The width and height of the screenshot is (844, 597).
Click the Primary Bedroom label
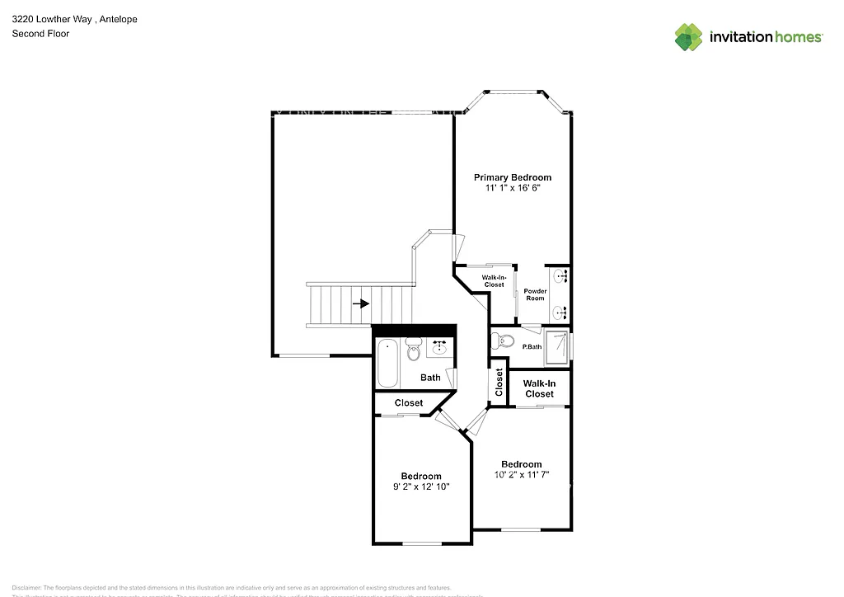click(x=512, y=177)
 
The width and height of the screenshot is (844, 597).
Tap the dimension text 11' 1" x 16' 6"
click(x=512, y=188)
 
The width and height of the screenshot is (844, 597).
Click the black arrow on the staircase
click(x=360, y=303)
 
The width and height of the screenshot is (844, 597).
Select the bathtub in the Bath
click(x=387, y=364)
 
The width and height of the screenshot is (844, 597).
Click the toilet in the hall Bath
click(x=414, y=351)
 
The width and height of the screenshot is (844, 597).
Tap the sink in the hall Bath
click(x=438, y=347)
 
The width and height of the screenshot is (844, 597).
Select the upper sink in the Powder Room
click(x=560, y=276)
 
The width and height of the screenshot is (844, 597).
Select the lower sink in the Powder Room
click(x=560, y=312)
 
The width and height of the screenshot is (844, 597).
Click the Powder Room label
click(x=535, y=295)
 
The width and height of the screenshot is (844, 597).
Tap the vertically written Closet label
click(x=499, y=382)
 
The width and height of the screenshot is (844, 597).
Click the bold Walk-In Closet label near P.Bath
click(x=539, y=388)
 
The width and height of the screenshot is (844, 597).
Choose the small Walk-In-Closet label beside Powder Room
click(x=494, y=281)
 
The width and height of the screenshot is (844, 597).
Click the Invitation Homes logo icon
click(x=688, y=37)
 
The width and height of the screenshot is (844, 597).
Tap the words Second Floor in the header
click(x=40, y=34)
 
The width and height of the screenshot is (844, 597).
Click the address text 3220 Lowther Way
click(x=50, y=19)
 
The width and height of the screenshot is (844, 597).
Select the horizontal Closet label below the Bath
click(x=408, y=403)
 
